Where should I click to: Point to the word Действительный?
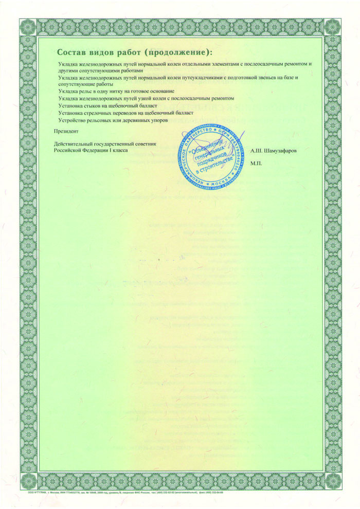coord(75,144)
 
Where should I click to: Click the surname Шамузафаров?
coord(280,151)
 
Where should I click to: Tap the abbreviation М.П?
coord(256,163)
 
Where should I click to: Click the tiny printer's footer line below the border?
coord(129,492)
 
